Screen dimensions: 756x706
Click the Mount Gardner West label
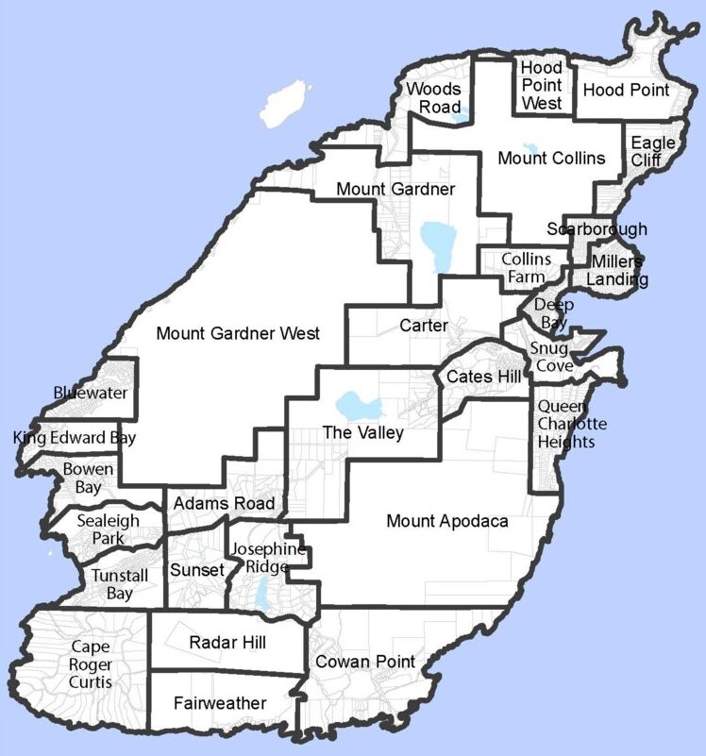(238, 333)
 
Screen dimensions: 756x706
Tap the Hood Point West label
(542, 86)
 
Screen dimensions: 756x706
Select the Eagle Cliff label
(653, 151)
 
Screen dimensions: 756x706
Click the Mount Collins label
(551, 159)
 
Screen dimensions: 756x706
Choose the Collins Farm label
(526, 268)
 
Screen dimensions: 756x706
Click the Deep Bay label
(552, 313)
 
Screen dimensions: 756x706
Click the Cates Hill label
(484, 378)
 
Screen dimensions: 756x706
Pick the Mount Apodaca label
(446, 521)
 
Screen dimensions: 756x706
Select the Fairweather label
(220, 703)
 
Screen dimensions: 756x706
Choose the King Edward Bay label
(75, 438)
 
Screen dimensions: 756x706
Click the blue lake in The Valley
(360, 407)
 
